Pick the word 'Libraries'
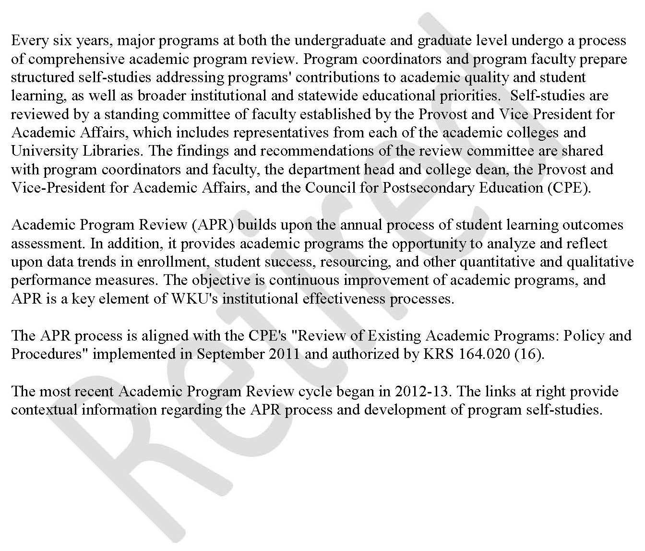click(107, 151)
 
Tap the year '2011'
click(283, 354)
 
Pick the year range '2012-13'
click(423, 391)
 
